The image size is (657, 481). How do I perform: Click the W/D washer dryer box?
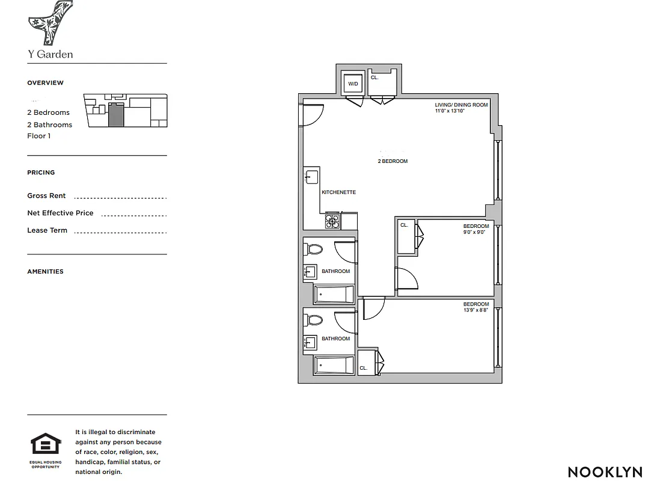click(x=353, y=84)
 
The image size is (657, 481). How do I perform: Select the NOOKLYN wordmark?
click(x=605, y=472)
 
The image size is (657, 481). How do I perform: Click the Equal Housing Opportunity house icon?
click(x=46, y=446)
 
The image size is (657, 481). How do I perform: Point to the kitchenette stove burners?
click(x=332, y=222)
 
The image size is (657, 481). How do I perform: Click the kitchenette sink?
click(x=311, y=177)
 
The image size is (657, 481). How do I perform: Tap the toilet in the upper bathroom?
click(x=314, y=249)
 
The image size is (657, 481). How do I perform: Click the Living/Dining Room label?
click(x=462, y=105)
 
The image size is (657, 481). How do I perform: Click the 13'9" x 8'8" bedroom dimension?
click(x=476, y=310)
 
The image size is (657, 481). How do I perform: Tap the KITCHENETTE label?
click(x=339, y=192)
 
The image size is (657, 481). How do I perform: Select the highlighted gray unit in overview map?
click(x=115, y=114)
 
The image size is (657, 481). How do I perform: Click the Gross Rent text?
click(x=46, y=196)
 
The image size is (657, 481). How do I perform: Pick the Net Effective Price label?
click(x=60, y=213)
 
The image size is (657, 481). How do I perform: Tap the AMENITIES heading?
click(x=45, y=272)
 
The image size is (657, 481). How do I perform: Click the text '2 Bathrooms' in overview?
click(x=49, y=125)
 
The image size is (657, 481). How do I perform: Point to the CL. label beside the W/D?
click(x=374, y=78)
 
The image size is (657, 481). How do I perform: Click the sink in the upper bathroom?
click(x=311, y=272)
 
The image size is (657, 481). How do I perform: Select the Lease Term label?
click(x=47, y=230)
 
